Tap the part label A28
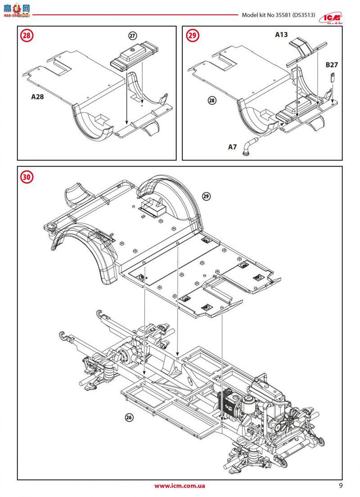coord(38,96)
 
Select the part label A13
coord(282,35)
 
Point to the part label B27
coord(331,65)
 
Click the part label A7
coord(232,147)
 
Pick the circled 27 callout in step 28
coord(132,36)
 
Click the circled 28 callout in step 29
coord(212,100)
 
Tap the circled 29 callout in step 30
coord(207,196)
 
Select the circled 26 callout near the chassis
coord(129,417)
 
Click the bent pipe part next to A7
coord(249,146)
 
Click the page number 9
coord(341,485)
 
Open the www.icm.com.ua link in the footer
coord(180,486)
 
